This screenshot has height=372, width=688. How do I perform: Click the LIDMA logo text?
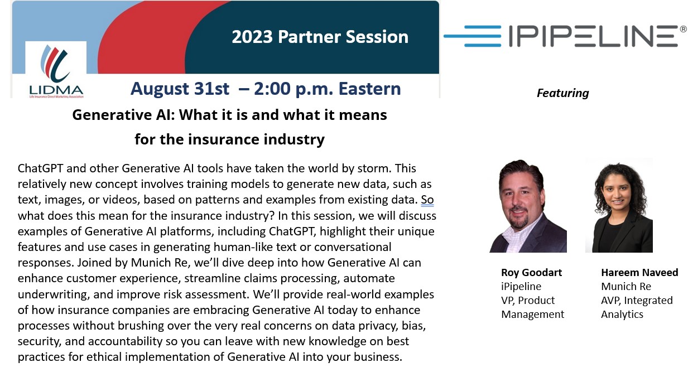click(56, 90)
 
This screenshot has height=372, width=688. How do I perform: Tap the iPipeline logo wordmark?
click(593, 36)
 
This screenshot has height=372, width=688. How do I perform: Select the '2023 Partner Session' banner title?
click(320, 37)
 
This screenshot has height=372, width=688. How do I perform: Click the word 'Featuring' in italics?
click(562, 93)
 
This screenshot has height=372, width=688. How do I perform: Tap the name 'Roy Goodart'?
click(531, 273)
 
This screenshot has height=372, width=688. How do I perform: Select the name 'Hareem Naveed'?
click(639, 273)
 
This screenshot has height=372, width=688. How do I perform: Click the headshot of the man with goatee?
click(528, 206)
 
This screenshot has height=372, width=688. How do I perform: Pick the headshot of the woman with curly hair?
click(619, 205)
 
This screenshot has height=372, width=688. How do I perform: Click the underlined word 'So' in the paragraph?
click(427, 200)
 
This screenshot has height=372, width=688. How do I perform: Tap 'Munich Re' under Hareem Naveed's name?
click(626, 286)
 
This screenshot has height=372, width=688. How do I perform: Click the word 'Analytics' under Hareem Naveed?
click(622, 315)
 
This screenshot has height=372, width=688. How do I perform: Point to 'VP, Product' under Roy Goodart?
click(528, 301)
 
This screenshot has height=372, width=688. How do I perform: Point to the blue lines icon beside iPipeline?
click(473, 36)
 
